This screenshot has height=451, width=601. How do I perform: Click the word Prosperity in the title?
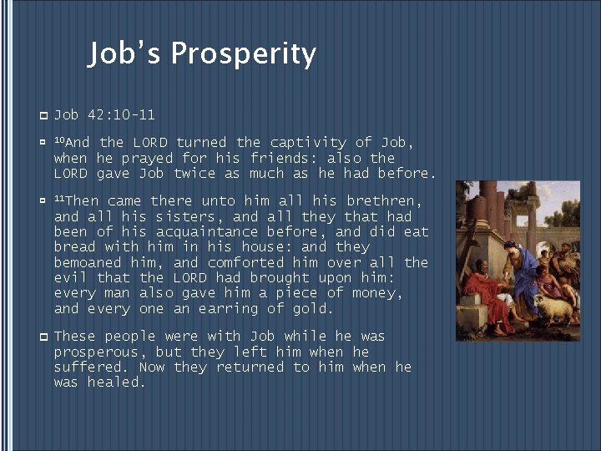point(243,54)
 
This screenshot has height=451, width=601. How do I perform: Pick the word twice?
point(194,174)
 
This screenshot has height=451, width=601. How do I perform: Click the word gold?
point(313,309)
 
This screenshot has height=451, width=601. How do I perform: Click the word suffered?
point(91,367)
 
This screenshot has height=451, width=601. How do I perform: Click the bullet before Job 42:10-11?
point(43,114)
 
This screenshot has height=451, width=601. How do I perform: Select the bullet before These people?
point(43,336)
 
